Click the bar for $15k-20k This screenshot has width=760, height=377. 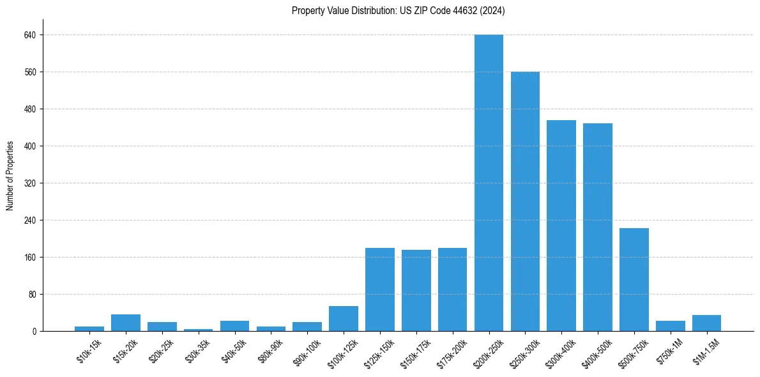pyautogui.click(x=126, y=323)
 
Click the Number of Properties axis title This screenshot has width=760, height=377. pyautogui.click(x=10, y=176)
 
